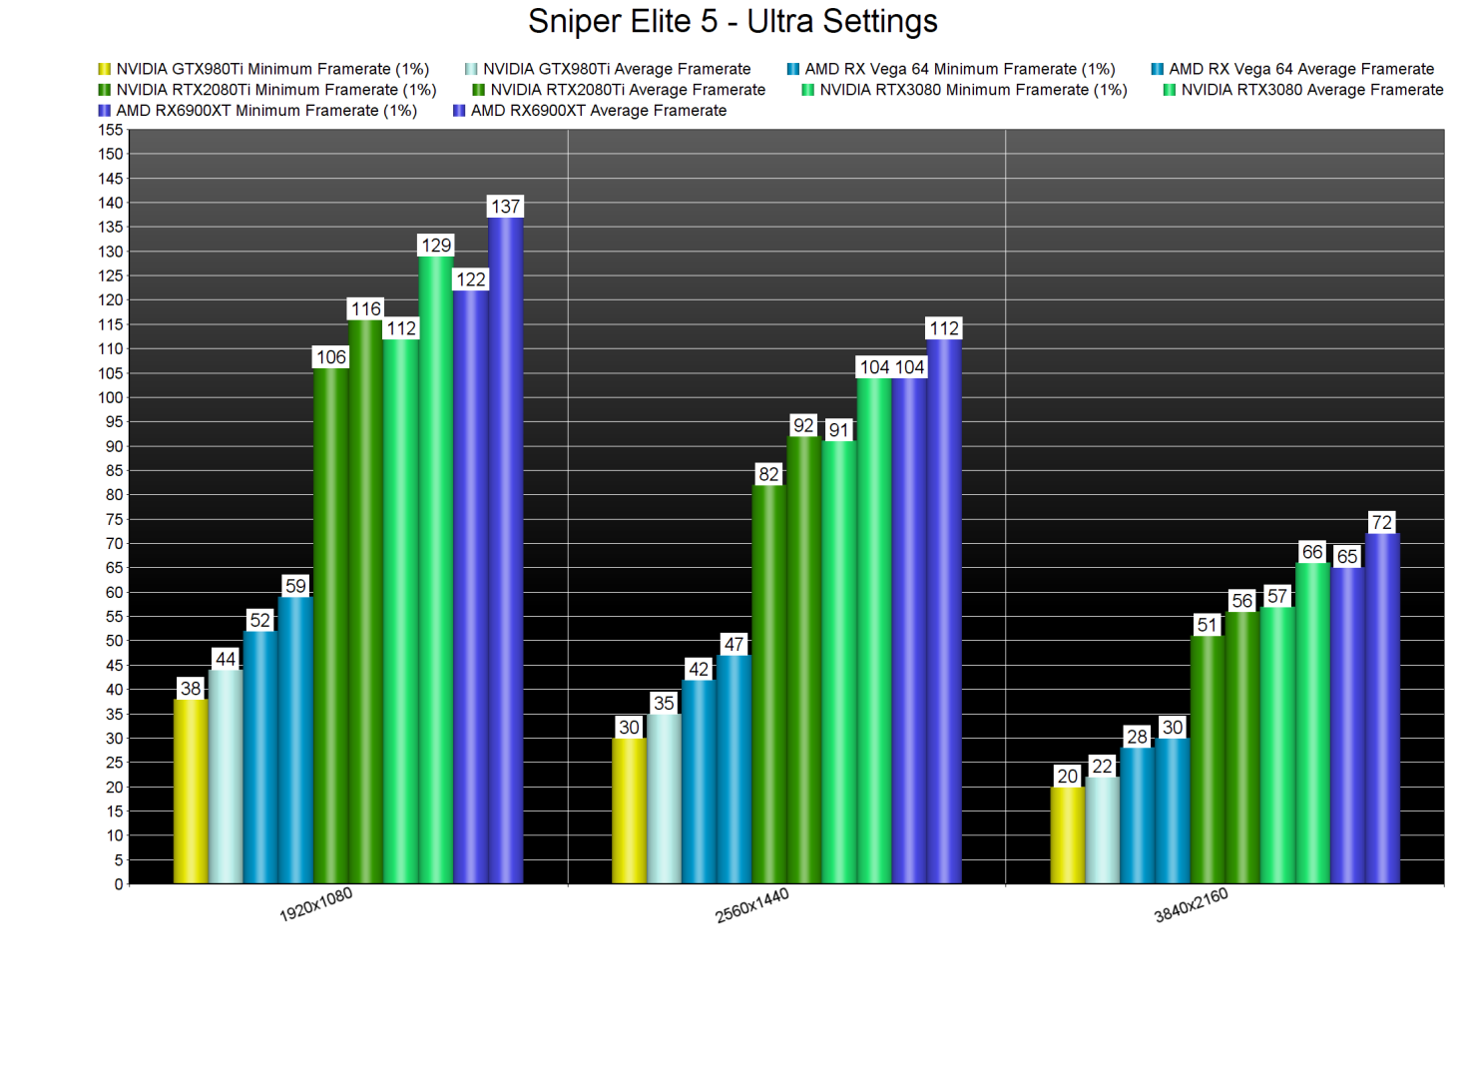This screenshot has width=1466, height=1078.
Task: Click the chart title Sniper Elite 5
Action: (733, 21)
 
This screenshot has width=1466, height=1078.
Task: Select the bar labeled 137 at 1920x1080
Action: (506, 549)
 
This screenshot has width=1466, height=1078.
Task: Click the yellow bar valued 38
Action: (191, 791)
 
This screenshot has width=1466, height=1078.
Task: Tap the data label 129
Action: (436, 246)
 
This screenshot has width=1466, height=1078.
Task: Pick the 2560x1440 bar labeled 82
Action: (768, 684)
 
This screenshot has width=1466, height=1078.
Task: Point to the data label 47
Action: (733, 645)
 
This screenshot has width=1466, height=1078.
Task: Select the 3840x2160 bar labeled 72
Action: (1382, 708)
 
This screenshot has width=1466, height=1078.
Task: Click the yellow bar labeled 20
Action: (1068, 834)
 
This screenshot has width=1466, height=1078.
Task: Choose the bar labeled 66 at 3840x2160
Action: (1312, 723)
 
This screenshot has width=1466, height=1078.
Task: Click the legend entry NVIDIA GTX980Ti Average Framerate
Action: (616, 69)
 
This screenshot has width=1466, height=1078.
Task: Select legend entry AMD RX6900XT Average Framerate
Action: (598, 111)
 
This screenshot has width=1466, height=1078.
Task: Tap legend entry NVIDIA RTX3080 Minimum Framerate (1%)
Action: (972, 90)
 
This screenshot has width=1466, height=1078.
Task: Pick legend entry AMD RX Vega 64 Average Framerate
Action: (1300, 69)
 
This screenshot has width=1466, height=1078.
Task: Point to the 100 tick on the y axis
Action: (111, 397)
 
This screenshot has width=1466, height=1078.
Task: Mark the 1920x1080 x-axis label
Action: (315, 904)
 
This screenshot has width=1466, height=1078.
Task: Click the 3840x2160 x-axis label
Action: (1191, 905)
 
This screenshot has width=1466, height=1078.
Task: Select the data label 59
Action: (295, 586)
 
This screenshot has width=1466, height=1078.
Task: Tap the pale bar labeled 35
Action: (664, 799)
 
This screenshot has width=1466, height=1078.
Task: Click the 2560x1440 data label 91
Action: (839, 430)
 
